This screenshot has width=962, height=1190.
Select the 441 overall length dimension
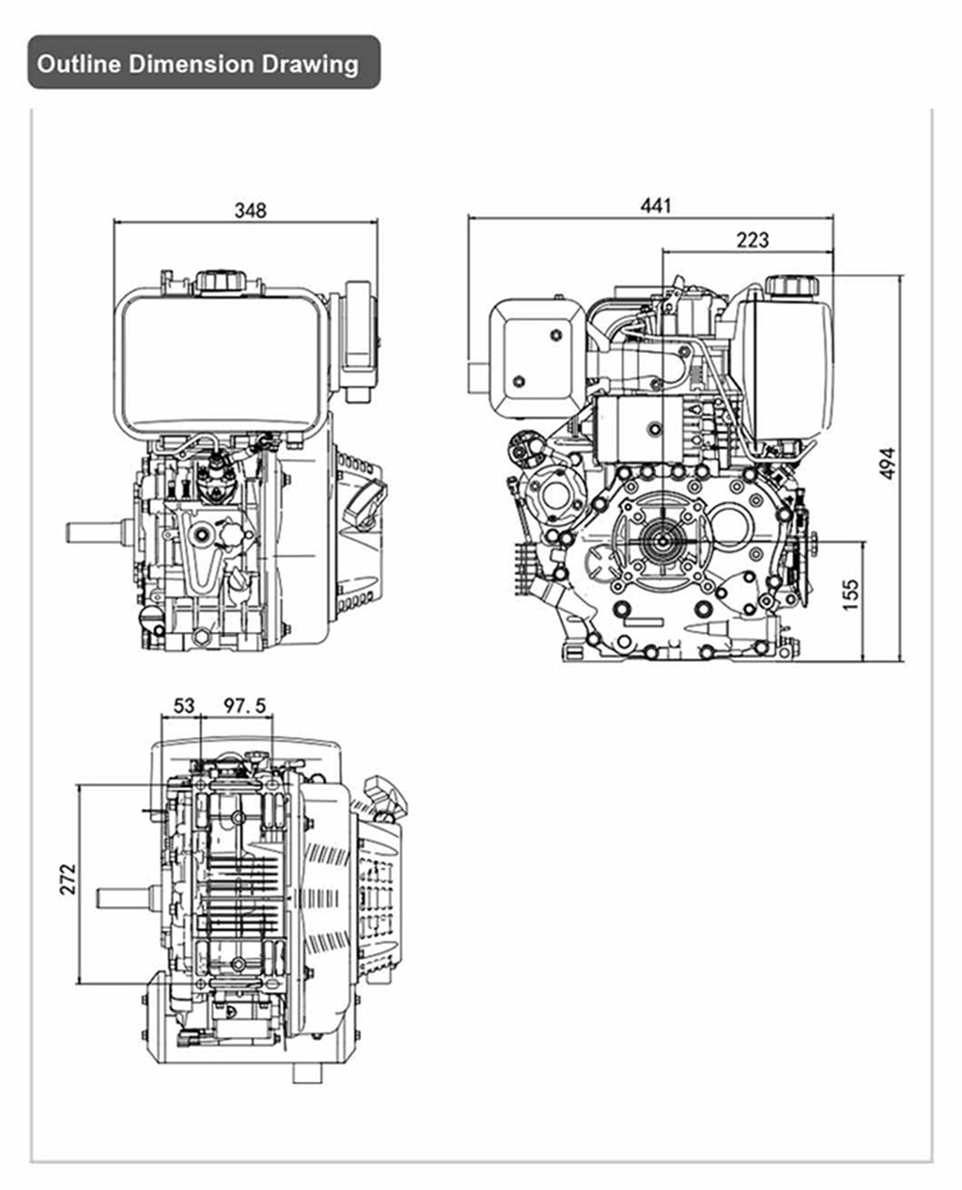tap(656, 205)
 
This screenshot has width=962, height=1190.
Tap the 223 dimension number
tap(752, 240)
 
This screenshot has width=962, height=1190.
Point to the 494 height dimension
tap(887, 463)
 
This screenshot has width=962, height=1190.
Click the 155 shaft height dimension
tap(849, 595)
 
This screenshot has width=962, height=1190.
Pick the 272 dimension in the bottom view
tap(67, 879)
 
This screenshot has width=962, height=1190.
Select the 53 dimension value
tap(184, 706)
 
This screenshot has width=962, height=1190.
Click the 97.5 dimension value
tap(245, 706)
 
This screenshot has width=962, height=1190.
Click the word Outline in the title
tap(79, 64)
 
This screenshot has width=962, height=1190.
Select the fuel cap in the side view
tap(791, 285)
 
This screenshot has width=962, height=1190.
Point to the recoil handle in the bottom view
tap(390, 795)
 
